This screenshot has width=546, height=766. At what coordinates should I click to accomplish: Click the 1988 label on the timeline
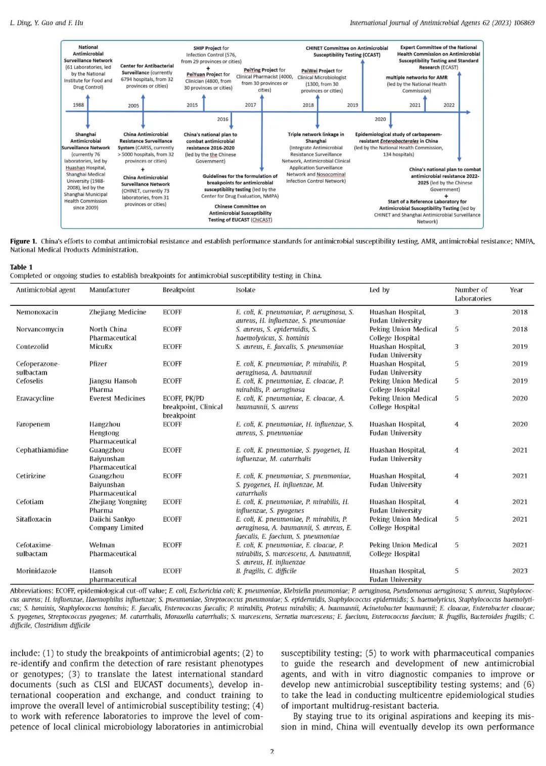[78, 105]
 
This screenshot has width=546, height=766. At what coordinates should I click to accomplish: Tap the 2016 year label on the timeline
[223, 119]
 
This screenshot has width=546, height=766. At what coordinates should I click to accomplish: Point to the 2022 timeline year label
[449, 105]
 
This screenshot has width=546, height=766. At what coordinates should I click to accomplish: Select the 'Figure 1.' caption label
[23, 241]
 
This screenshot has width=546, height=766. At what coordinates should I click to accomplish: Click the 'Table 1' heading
[21, 267]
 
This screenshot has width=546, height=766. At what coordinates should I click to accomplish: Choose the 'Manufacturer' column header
[110, 290]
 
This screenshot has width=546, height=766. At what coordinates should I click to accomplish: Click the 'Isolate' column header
[246, 290]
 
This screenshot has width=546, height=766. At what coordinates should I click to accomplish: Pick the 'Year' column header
[516, 290]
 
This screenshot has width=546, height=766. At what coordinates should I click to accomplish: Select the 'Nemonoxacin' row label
[37, 312]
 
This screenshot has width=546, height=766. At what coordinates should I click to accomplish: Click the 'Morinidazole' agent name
[36, 571]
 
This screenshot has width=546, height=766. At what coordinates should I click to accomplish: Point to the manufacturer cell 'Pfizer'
[98, 364]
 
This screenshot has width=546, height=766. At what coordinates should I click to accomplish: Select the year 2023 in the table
[520, 571]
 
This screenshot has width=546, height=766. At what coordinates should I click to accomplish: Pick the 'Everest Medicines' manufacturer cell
[117, 398]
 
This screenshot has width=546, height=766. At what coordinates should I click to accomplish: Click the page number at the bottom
[272, 751]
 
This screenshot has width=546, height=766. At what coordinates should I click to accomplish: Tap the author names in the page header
[47, 23]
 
